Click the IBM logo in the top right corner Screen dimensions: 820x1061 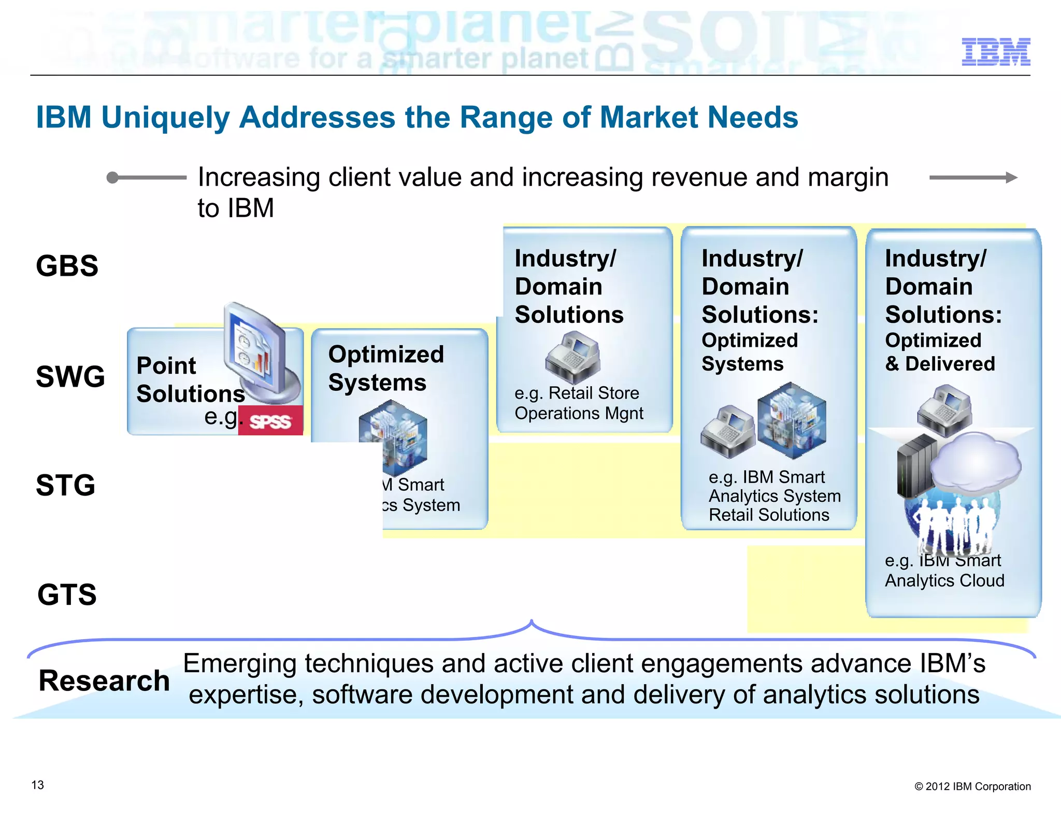(995, 52)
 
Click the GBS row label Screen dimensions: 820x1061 (67, 266)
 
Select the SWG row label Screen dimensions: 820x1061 (70, 376)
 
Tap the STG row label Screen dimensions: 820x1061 (66, 485)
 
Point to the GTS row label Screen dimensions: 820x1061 (67, 595)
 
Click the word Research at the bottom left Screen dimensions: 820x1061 (104, 681)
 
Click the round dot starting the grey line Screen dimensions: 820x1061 (112, 178)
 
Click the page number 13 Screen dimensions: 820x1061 (38, 785)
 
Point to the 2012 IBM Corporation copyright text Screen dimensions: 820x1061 (972, 786)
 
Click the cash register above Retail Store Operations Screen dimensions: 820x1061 (572, 357)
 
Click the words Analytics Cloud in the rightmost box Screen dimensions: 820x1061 (944, 581)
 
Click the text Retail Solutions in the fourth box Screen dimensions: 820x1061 (769, 515)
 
